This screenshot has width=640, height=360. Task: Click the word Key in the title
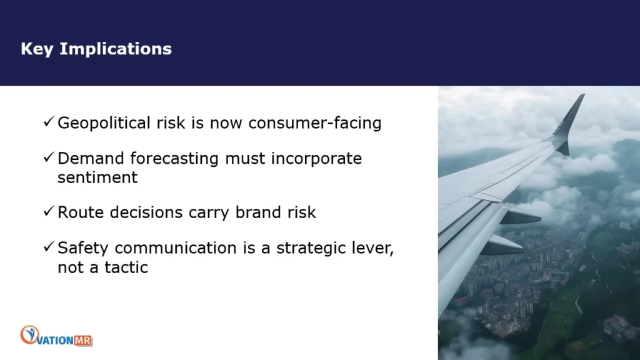click(x=37, y=49)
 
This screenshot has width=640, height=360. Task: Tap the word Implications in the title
click(x=116, y=49)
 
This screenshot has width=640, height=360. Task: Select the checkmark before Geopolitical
click(x=49, y=121)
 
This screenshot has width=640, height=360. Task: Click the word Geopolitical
click(x=104, y=123)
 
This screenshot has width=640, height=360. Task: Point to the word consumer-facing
click(x=315, y=123)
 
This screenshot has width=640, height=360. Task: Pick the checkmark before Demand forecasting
click(x=49, y=157)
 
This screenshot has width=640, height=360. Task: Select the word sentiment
click(x=97, y=177)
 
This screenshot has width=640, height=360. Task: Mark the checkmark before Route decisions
click(x=49, y=211)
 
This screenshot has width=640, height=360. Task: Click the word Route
click(x=81, y=212)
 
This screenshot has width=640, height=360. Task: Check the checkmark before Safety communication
click(x=49, y=246)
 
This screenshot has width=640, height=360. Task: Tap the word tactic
click(x=126, y=267)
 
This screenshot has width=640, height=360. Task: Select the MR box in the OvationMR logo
click(x=83, y=341)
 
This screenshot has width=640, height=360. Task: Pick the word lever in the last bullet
click(x=375, y=248)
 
